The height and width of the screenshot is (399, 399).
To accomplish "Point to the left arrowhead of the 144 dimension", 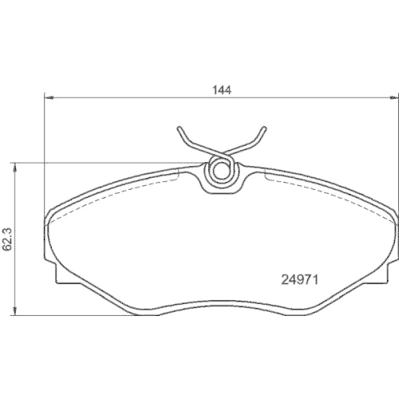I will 45,99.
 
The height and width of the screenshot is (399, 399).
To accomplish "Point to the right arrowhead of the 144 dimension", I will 393,99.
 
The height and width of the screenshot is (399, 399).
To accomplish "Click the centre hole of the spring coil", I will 221,169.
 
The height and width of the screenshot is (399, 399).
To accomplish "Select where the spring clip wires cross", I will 221,153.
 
